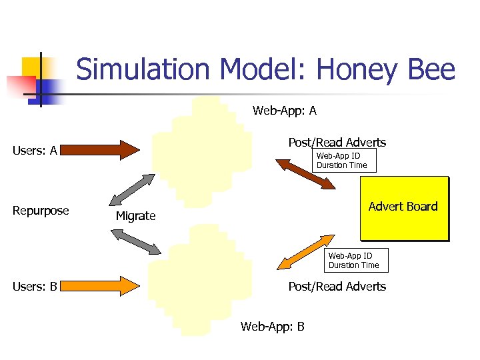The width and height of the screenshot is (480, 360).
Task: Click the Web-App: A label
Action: tap(285, 111)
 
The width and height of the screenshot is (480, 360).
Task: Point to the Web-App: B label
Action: tap(273, 327)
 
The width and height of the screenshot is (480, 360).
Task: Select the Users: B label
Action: tap(35, 287)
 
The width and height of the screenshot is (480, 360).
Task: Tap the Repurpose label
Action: tap(41, 211)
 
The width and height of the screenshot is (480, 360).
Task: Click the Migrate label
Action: tap(135, 216)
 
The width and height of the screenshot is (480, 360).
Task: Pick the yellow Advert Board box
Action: tap(404, 207)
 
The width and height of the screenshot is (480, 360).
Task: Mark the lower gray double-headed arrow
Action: tap(136, 241)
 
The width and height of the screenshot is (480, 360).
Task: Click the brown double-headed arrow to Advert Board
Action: tap(306, 173)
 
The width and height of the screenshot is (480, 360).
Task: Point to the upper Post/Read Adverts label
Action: tap(337, 142)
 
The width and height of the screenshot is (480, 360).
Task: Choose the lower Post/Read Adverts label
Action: tap(337, 286)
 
